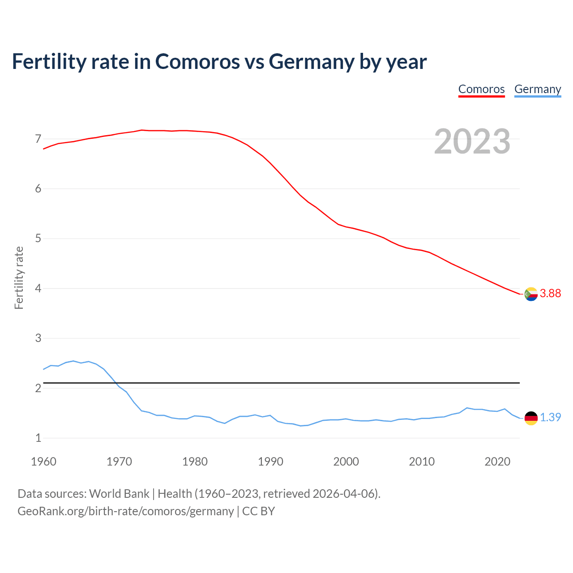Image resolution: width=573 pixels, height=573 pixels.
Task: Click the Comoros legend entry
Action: point(481,89)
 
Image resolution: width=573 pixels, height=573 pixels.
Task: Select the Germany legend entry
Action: point(537,89)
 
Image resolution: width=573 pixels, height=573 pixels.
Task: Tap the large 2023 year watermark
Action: point(472,141)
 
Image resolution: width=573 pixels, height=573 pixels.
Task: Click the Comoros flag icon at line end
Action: point(530,294)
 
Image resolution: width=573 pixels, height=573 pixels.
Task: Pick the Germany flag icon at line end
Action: point(530,418)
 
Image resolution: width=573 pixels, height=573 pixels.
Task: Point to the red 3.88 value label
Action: point(550,294)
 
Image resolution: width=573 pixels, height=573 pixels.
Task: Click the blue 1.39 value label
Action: point(550,417)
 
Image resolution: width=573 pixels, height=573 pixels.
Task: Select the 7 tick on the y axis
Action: point(38,139)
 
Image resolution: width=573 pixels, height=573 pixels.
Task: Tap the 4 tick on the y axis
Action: point(38,288)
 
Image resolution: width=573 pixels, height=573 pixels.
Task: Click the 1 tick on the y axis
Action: point(38,438)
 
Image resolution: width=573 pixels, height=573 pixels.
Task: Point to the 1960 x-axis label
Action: point(43,462)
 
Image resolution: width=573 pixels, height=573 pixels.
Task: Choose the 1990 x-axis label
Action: point(270,462)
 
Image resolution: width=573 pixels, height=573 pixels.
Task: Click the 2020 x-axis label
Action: point(497,462)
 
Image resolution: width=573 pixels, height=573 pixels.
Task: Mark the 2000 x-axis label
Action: point(346,462)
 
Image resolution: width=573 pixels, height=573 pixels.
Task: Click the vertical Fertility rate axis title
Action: point(19,278)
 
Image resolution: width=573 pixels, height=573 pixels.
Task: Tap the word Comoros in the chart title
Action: point(197,61)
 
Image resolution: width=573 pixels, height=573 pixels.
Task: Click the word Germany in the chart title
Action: point(312,61)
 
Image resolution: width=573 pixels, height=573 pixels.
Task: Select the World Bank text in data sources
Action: point(119,494)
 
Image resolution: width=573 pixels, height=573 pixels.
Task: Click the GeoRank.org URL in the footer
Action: point(125,511)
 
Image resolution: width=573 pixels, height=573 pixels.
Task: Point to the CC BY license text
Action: point(258,511)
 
